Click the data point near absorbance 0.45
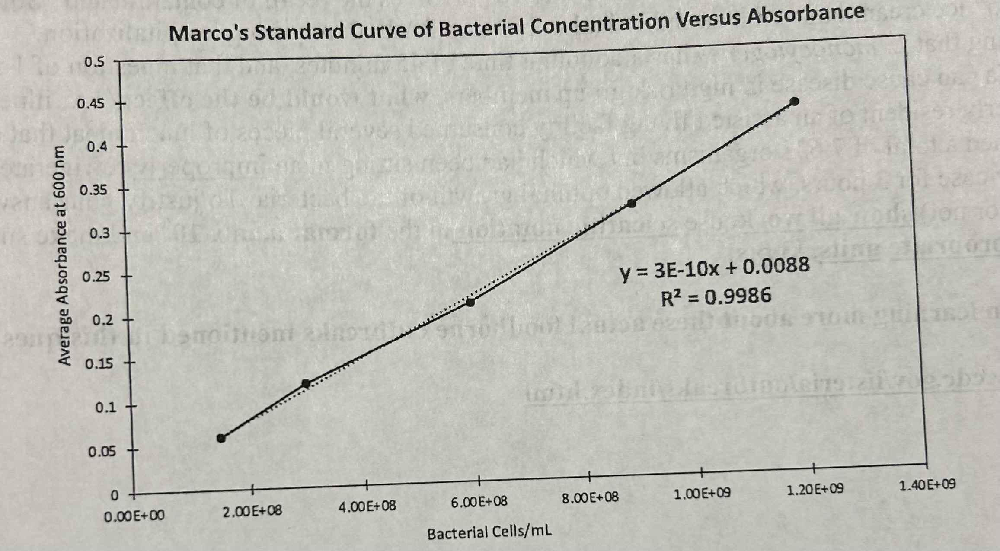794,102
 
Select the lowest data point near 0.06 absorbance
221,438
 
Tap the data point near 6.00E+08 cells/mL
470,302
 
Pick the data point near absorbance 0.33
631,203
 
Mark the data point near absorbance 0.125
306,383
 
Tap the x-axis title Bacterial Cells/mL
489,532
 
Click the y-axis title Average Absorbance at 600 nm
65,255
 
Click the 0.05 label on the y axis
102,452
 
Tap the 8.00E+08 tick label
590,497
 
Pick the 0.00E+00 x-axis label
134,516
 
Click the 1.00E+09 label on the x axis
702,493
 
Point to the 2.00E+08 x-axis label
252,511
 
